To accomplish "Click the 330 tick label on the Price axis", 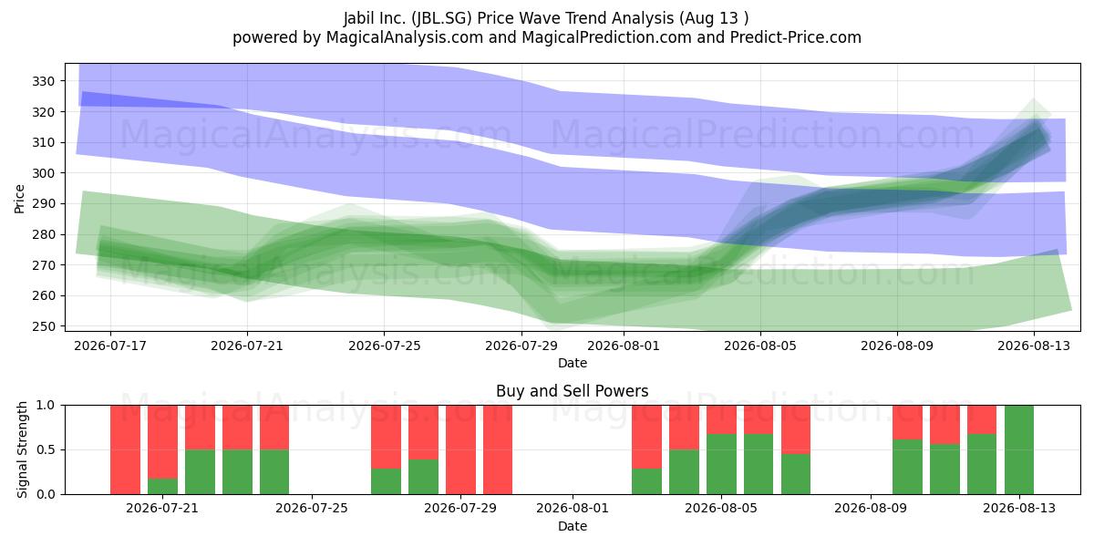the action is [x=43, y=81].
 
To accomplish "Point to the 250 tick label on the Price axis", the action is [x=43, y=326].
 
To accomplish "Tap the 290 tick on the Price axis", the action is [x=43, y=203].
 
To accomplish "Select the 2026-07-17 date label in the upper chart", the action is [x=110, y=346].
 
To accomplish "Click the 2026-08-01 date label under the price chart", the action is [x=624, y=346].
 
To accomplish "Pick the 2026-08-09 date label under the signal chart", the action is [x=871, y=508].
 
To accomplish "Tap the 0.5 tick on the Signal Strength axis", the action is [x=46, y=449].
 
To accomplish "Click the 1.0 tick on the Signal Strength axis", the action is [x=46, y=406].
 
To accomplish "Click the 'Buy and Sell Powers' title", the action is [x=573, y=391].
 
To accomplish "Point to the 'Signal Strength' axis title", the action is [x=22, y=449].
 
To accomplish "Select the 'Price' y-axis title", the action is [x=19, y=200].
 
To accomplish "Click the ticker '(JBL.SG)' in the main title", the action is [x=441, y=18].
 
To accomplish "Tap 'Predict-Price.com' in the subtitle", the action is [x=796, y=37].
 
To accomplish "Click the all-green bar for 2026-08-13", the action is [x=1019, y=449].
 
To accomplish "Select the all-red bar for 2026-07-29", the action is [x=460, y=449].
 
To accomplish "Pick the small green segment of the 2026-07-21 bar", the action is [x=162, y=487].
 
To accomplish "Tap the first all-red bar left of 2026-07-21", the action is [x=125, y=449].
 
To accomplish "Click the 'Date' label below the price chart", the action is [x=573, y=363].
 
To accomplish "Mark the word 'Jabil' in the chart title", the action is [x=359, y=18].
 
